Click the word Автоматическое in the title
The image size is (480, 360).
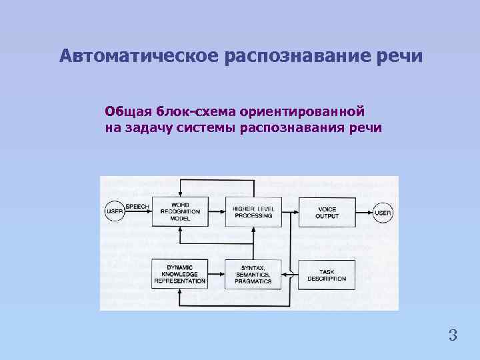coord(139,55)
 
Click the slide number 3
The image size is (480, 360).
coord(453,335)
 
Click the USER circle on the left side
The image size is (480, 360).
coord(114,213)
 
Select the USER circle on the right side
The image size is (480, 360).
coord(383,213)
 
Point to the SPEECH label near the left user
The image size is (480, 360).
coord(137,206)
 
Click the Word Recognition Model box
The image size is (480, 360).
coord(180,211)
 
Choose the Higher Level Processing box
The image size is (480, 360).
coord(253,211)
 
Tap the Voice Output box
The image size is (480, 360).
coord(327,211)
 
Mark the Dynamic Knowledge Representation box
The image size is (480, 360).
coord(180,274)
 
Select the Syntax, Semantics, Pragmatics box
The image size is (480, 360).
coord(253,274)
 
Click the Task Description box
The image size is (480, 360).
coord(327,274)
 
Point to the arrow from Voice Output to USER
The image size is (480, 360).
coord(363,213)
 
